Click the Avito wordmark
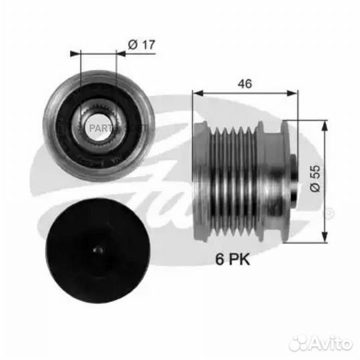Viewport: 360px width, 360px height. tap(331, 342)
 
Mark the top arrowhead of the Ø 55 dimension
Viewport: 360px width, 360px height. tap(325, 123)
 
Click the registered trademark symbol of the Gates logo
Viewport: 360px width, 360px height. tap(328, 213)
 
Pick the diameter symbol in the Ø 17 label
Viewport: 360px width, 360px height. tap(131, 45)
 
